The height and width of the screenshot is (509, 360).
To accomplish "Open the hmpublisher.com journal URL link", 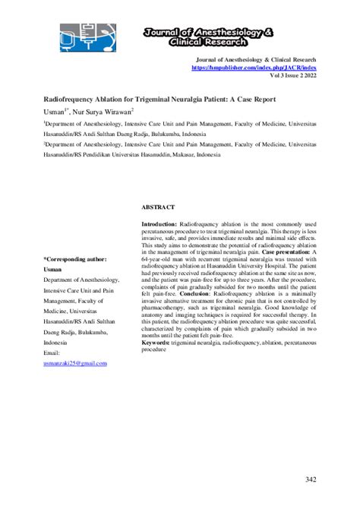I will tap(255, 68).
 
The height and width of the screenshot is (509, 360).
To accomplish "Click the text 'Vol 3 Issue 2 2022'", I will tap(292, 76).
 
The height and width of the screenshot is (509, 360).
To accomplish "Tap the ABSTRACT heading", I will tap(158, 207).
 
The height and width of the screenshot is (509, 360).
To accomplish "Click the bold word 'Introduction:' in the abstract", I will tap(159, 225).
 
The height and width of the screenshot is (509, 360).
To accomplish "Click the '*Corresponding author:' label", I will tap(75, 259).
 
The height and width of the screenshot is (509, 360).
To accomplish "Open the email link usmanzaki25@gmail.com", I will tap(75, 363).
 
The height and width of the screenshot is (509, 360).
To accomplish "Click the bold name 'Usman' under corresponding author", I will tap(53, 269).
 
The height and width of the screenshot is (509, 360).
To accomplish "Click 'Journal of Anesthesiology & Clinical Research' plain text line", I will tap(256, 59).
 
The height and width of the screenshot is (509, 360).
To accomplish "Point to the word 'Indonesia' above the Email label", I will tap(58, 343).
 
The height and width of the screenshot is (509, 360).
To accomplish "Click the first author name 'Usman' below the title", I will tap(55, 110).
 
